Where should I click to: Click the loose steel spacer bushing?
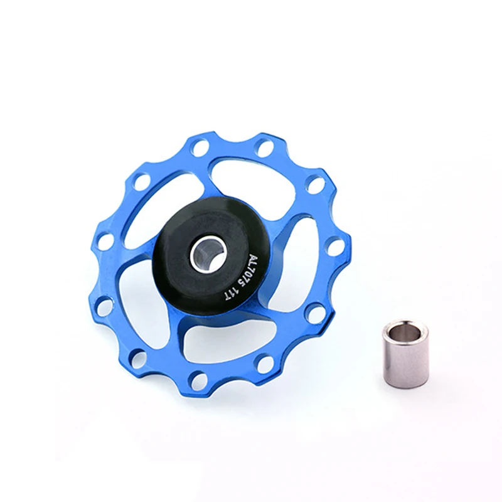coord(405,353)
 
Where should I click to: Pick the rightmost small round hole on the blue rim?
coord(335,247)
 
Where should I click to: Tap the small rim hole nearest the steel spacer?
coord(316,313)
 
